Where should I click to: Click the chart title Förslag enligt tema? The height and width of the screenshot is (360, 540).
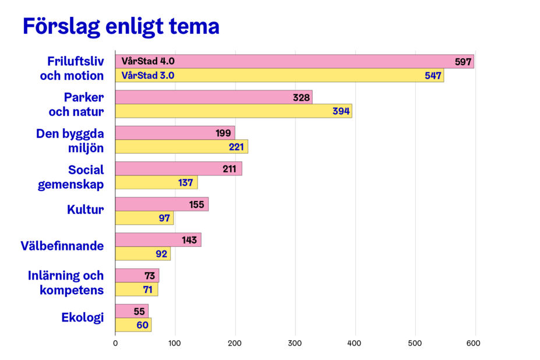point(121,27)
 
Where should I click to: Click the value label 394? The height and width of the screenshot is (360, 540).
point(341,111)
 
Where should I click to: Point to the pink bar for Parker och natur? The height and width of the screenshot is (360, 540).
point(213,97)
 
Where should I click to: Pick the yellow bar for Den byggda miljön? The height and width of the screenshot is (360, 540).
point(181,147)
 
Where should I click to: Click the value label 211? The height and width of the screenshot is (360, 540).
point(230,169)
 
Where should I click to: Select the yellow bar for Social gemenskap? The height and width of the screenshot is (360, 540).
point(156,182)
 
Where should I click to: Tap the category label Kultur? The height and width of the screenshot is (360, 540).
point(85,210)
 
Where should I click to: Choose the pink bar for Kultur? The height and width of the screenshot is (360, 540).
point(161,204)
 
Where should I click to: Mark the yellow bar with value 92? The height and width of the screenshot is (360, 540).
point(143,254)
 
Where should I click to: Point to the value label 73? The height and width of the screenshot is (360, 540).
point(150,276)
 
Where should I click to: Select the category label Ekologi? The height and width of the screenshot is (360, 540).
point(82,317)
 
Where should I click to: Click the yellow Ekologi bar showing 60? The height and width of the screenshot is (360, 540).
point(133,325)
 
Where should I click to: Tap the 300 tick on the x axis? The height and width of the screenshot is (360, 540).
point(295,344)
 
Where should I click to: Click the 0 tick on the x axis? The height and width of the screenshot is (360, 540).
point(115,344)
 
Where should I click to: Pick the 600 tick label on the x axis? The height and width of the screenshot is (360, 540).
point(474,344)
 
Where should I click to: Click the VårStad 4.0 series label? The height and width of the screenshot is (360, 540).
point(148,61)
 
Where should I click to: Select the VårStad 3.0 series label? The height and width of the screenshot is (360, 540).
point(148,75)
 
